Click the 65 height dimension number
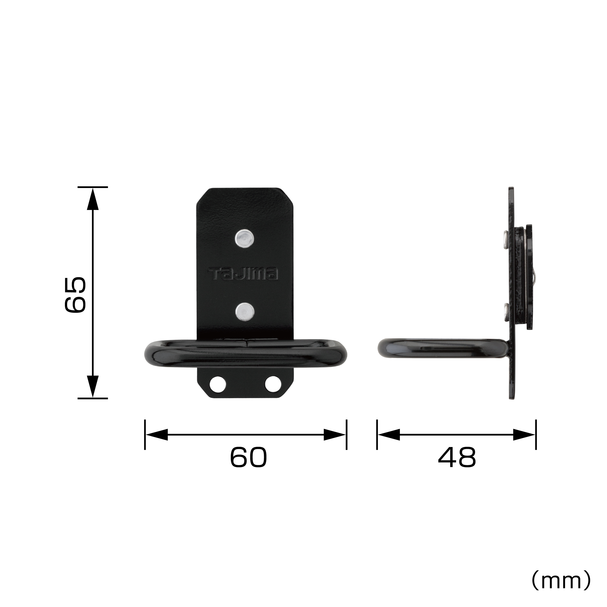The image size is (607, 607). tap(75, 295)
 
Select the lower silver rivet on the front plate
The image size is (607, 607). tap(245, 311)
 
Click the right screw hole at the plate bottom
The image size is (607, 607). tap(273, 384)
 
